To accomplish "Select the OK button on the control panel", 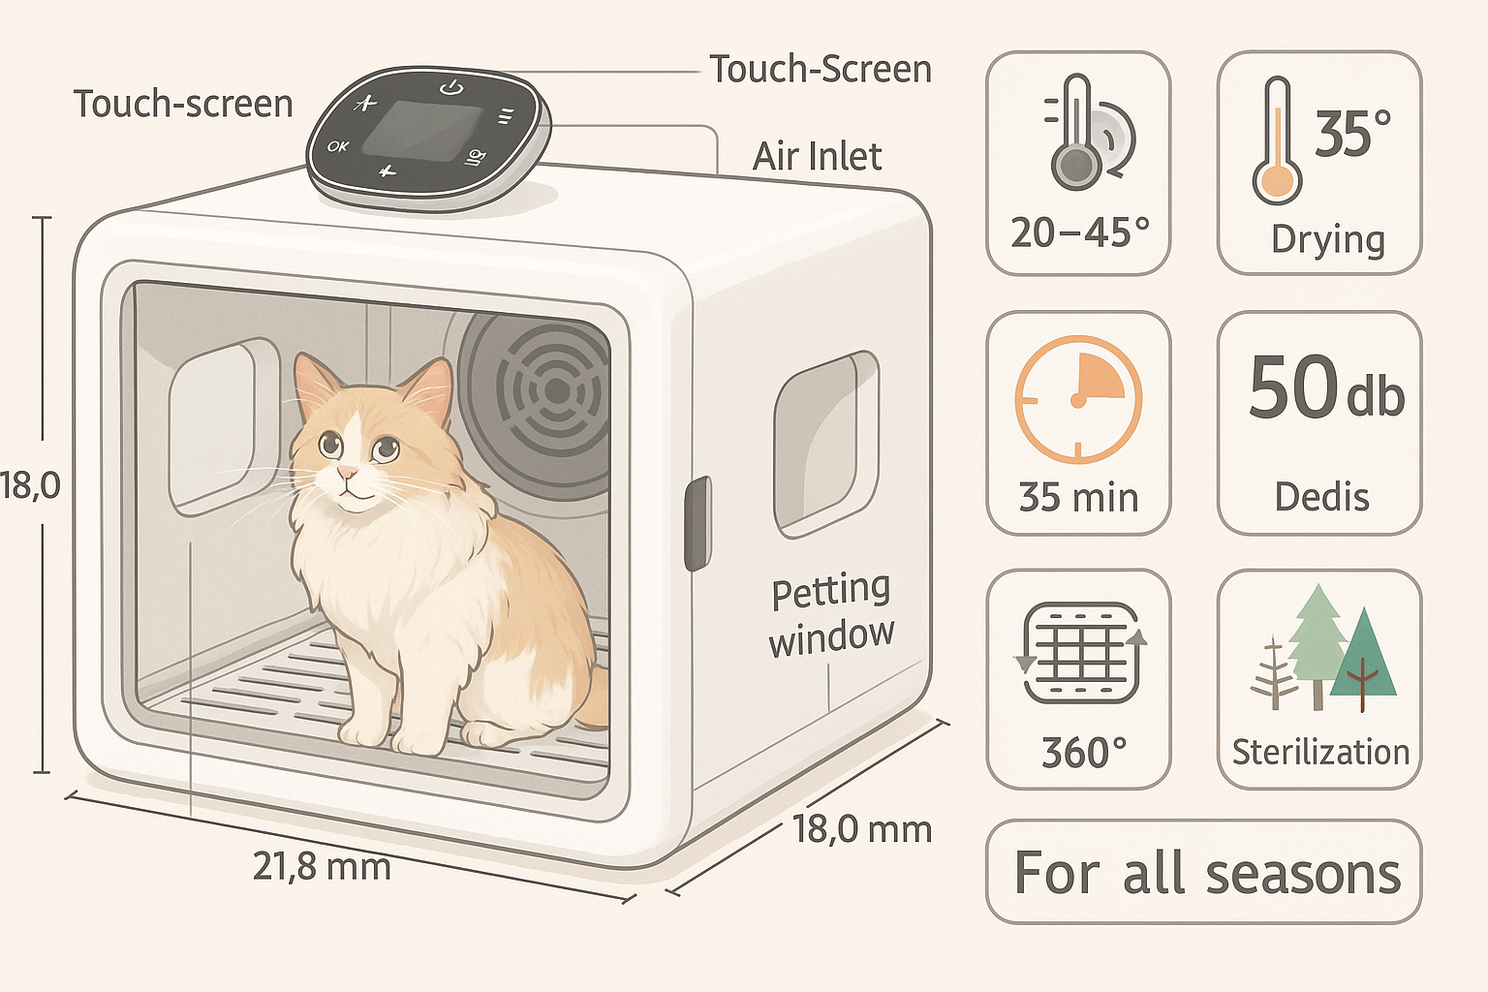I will tap(338, 146).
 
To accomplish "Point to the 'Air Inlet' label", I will tap(818, 157).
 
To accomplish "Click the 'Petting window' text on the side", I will tap(831, 614).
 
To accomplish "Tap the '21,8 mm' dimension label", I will tap(322, 865).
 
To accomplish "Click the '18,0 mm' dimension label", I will tap(862, 829).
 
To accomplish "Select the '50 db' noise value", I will tap(1325, 387).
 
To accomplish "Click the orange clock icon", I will tap(1078, 398).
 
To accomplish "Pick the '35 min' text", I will tap(1078, 497).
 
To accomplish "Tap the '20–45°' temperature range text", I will tap(1079, 232).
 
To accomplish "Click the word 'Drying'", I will tap(1328, 239).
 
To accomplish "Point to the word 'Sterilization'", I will tap(1320, 752).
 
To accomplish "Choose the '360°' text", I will tap(1084, 753).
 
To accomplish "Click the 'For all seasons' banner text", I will tap(1207, 873).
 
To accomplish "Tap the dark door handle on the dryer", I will tap(697, 523).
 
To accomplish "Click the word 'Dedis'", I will tap(1321, 497).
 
